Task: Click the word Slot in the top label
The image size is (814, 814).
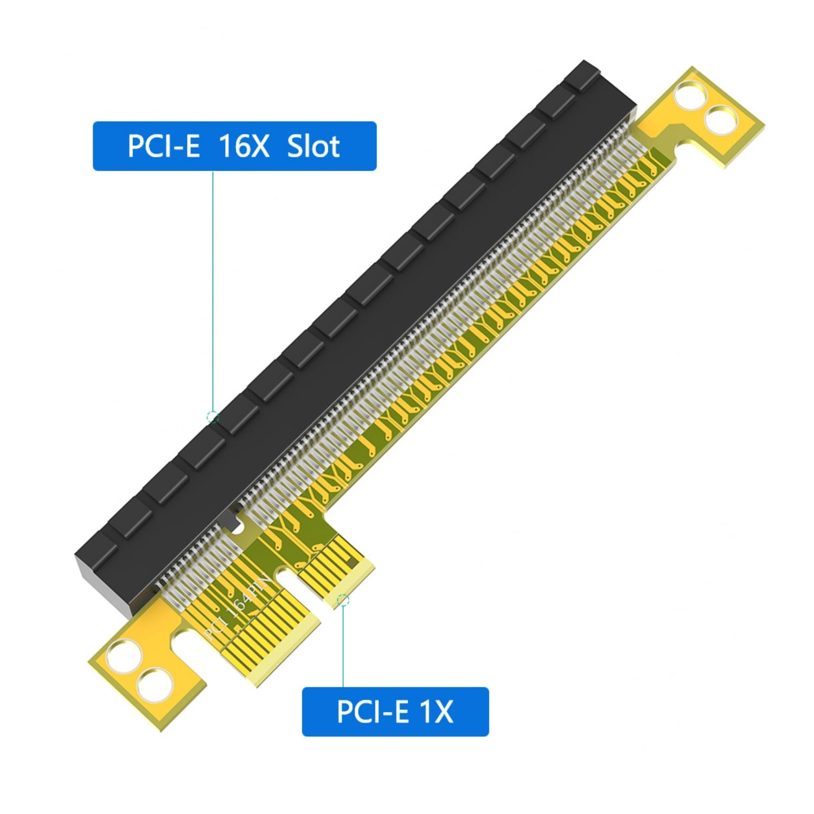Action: tap(313, 146)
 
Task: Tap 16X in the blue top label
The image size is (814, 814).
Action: tap(243, 146)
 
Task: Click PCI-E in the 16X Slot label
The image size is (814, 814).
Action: tap(163, 146)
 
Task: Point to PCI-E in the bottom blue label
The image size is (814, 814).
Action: tap(372, 712)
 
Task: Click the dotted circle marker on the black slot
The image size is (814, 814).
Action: tap(213, 417)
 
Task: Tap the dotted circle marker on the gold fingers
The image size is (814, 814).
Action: tap(343, 600)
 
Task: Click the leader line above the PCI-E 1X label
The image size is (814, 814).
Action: tap(343, 645)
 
